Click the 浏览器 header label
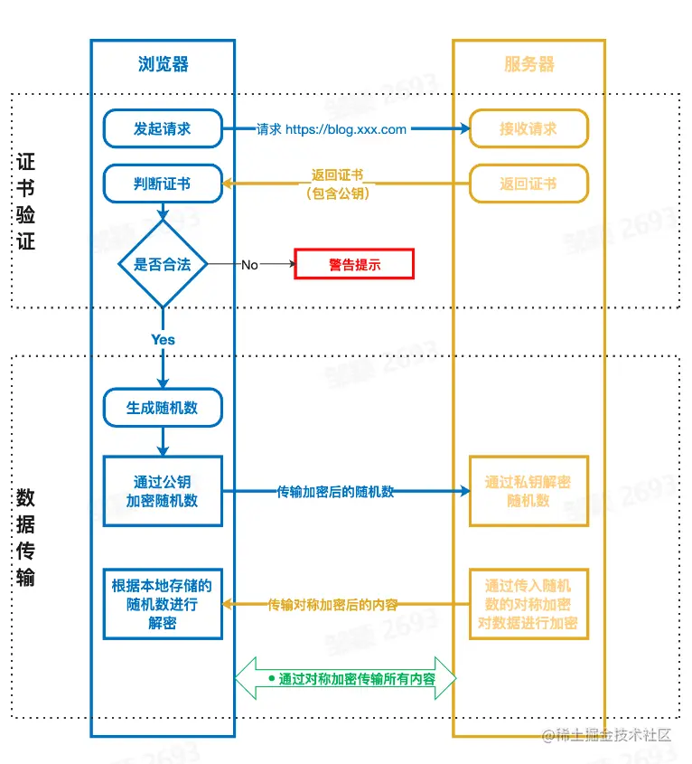coord(164,64)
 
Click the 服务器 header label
coord(528,64)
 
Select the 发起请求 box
coord(163,128)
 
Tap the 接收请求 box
coord(528,128)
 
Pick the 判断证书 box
coord(163,184)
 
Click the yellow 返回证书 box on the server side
coord(528,184)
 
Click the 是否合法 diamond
coord(164,265)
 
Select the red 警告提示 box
coord(354,265)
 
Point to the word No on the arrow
coord(249,265)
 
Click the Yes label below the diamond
coord(164,340)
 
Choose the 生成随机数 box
coord(163,408)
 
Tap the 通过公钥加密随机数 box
coord(163,491)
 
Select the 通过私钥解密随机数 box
coord(528,491)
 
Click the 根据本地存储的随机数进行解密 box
coord(163,604)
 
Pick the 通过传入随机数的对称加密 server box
coord(528,604)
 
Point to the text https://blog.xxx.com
coord(346,129)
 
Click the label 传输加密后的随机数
coord(335,492)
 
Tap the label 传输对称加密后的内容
coord(332,605)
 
